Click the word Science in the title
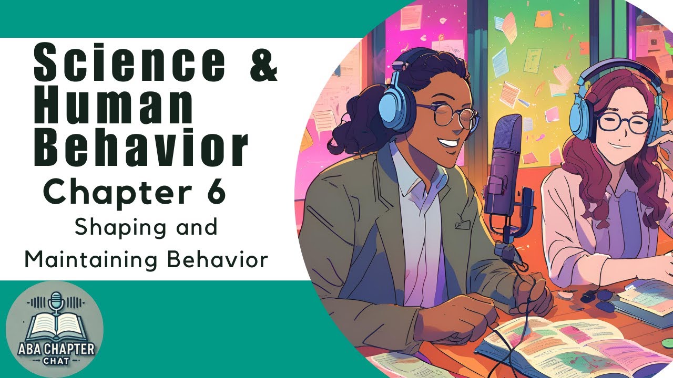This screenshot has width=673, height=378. tap(129, 64)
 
